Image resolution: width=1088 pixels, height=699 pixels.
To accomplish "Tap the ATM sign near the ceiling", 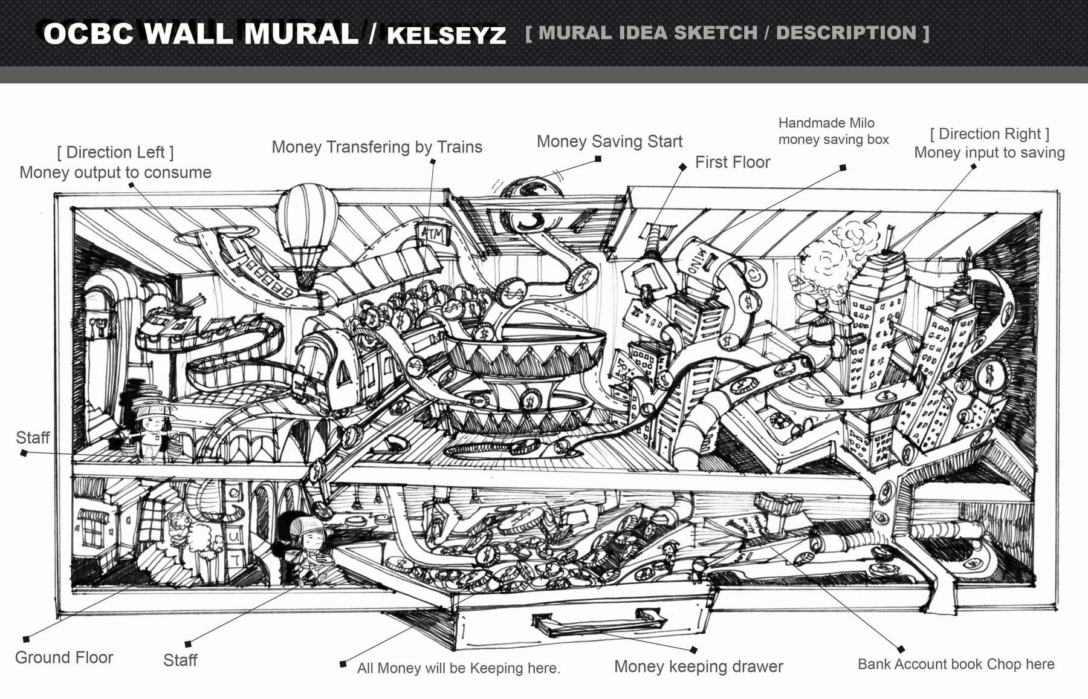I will [433, 233].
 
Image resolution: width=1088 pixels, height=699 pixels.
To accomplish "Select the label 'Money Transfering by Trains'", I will [377, 147].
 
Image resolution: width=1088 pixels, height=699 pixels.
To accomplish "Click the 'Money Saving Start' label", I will [609, 141].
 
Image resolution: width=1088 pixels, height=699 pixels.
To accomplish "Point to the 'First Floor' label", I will [733, 162].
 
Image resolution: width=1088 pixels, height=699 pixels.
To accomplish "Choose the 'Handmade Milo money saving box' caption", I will [833, 131].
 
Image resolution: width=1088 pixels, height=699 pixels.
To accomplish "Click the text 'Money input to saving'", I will [989, 152].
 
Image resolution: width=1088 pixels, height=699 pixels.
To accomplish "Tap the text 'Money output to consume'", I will [115, 172].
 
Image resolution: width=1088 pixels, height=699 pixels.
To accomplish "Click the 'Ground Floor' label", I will [64, 657].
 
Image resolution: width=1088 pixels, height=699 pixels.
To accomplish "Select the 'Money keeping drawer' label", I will [698, 666].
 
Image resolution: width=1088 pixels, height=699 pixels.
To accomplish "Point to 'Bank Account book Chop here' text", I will [956, 664].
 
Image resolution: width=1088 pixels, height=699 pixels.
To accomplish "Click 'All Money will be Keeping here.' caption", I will [458, 668].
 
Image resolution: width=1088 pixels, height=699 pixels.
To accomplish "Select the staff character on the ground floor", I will [308, 547].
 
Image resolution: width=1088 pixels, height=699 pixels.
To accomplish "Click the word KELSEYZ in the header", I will [446, 35].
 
